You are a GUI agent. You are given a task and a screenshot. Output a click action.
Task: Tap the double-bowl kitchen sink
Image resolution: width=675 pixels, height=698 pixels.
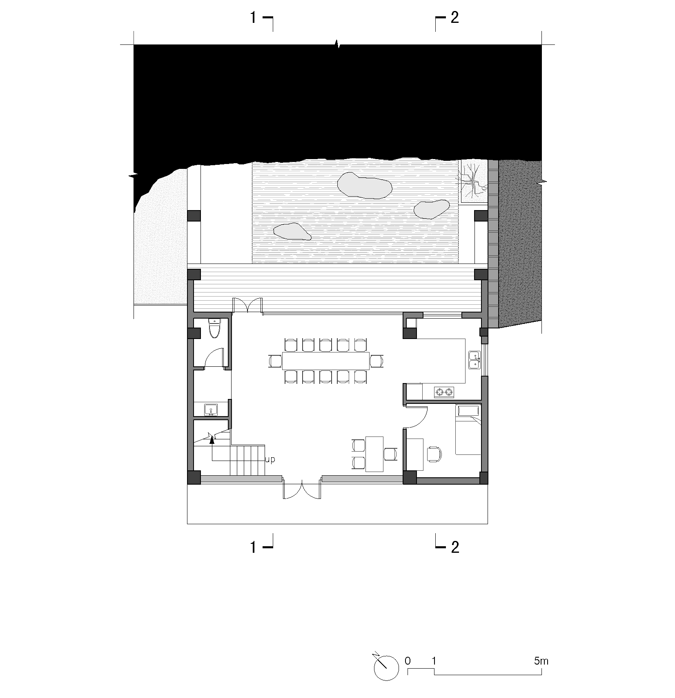tap(474, 360)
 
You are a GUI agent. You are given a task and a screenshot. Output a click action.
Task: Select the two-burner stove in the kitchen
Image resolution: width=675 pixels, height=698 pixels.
tap(444, 392)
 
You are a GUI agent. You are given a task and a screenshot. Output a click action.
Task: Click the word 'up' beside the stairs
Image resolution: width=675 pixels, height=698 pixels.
tap(270, 460)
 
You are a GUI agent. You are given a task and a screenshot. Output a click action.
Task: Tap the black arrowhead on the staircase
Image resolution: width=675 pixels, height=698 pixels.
tap(212, 439)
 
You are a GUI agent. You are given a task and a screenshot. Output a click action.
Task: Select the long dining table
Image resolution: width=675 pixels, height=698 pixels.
tap(325, 361)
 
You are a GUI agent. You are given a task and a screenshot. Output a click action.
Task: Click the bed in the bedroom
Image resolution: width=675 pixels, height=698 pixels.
tap(468, 430)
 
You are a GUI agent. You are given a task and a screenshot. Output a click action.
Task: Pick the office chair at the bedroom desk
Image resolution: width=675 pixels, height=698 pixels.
tap(434, 454)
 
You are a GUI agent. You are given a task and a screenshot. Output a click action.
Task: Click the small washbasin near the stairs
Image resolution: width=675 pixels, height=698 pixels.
tap(211, 410)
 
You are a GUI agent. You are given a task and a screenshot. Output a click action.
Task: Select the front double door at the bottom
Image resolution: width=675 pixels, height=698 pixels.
tap(301, 490)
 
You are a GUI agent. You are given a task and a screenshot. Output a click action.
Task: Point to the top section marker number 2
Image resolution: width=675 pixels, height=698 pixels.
tap(454, 18)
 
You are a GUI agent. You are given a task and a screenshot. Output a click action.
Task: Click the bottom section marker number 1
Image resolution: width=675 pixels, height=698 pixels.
tap(254, 547)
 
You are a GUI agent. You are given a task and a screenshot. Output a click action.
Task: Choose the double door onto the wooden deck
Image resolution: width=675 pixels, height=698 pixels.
tap(247, 305)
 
